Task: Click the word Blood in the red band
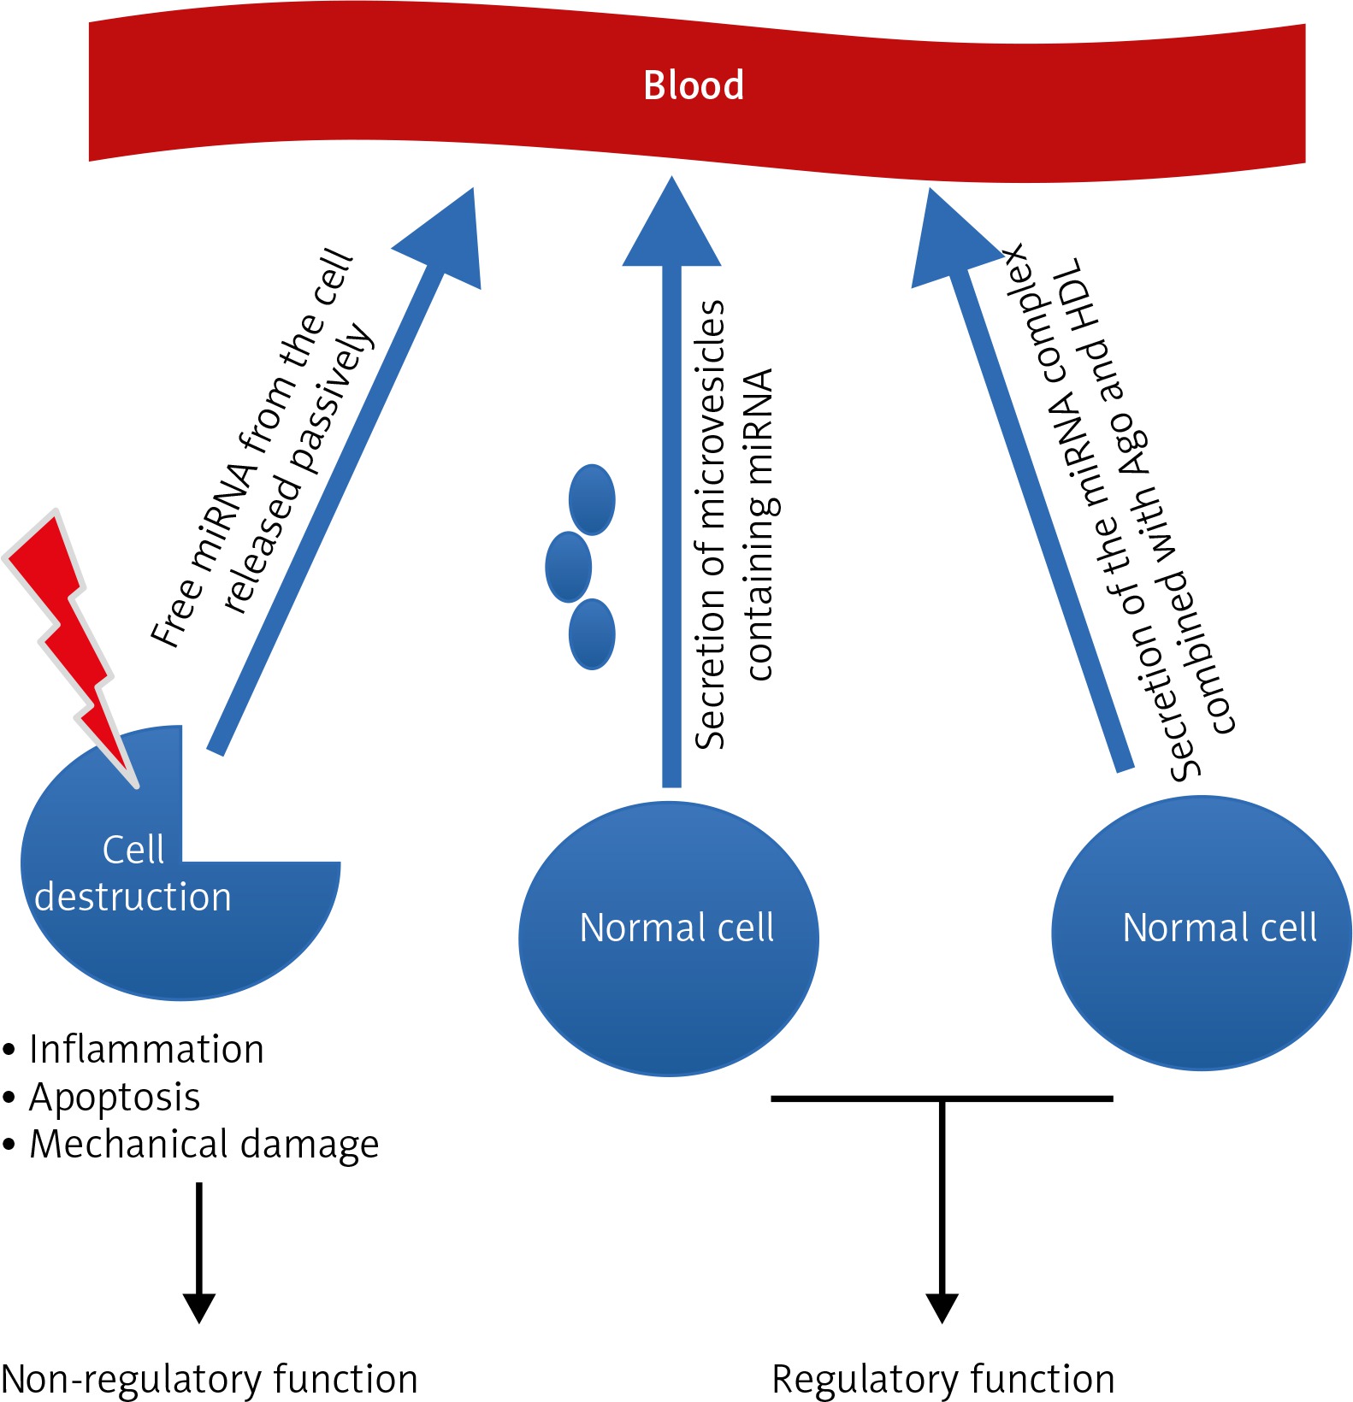click(693, 85)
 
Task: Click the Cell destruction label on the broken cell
click(133, 874)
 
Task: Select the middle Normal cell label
click(676, 928)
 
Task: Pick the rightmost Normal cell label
click(1219, 928)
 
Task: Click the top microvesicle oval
click(592, 499)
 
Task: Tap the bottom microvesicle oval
click(592, 633)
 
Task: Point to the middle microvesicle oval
click(569, 567)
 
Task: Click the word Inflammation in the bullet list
click(146, 1049)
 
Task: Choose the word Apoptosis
click(115, 1097)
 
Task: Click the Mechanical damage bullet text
click(204, 1144)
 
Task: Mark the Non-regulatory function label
click(210, 1379)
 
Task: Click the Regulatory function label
click(942, 1379)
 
